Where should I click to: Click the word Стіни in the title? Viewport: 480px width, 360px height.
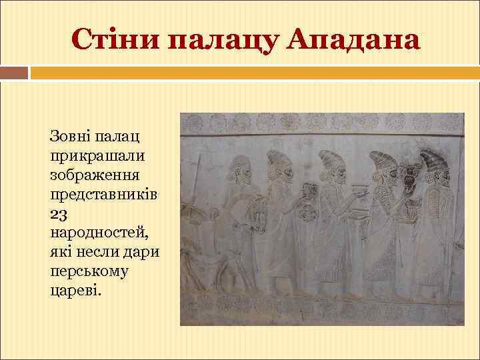tap(114, 40)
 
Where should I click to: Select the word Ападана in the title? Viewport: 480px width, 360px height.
tap(355, 40)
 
